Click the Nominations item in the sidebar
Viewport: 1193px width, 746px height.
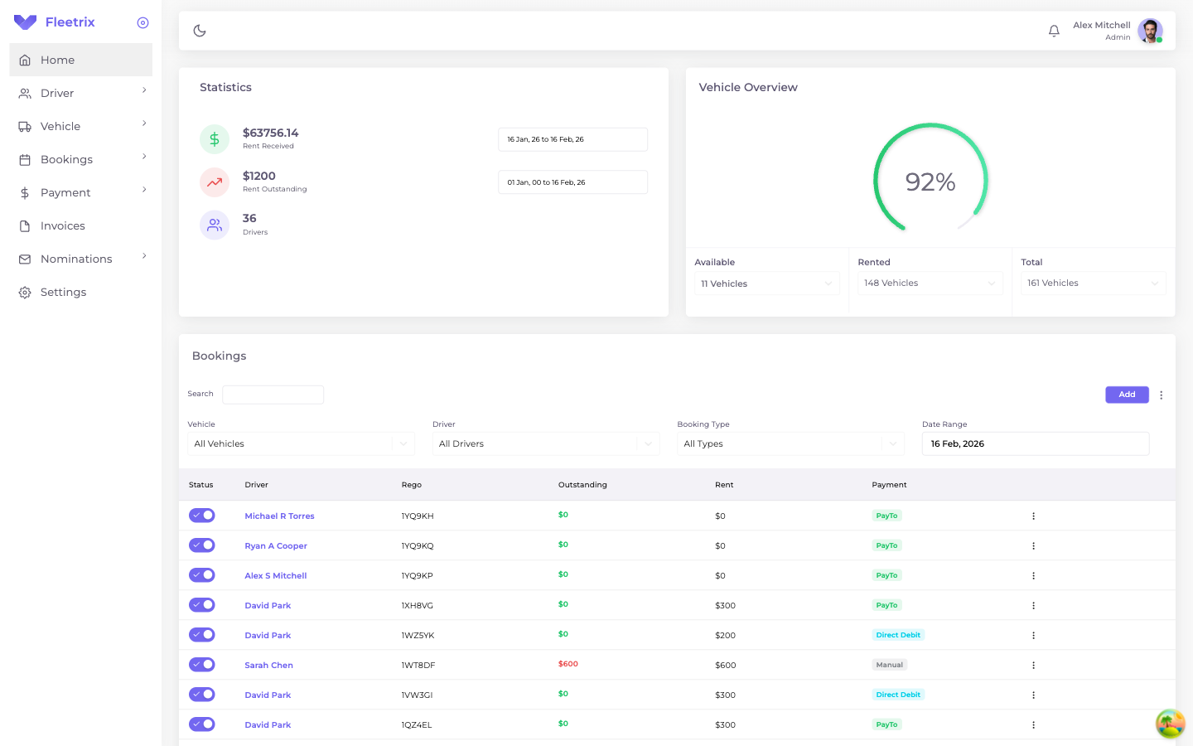click(x=76, y=259)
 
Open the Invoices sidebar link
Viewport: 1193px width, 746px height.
click(x=62, y=225)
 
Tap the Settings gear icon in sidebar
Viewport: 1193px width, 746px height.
click(x=25, y=293)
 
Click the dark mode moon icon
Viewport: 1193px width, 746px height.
click(x=200, y=31)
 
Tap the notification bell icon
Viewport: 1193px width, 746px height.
click(x=1054, y=31)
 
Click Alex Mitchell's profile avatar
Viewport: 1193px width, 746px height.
click(x=1149, y=31)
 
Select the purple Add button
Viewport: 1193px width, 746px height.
click(x=1127, y=395)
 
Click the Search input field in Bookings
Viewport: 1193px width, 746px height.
click(x=273, y=395)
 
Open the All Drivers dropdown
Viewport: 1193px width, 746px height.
click(x=545, y=443)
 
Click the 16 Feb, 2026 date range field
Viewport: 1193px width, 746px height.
click(x=1035, y=443)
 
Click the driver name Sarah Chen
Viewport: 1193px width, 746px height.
click(x=268, y=665)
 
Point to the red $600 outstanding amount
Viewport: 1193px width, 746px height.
click(x=568, y=664)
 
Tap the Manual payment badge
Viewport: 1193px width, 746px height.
click(x=889, y=665)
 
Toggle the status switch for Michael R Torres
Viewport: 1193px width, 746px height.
click(x=202, y=516)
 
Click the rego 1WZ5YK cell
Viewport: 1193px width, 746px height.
click(x=418, y=635)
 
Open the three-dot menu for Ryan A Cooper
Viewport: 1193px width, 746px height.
click(x=1033, y=545)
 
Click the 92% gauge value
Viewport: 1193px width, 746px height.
click(x=930, y=182)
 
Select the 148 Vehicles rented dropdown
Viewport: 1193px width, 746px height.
click(x=930, y=283)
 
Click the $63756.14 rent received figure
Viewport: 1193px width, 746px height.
click(x=270, y=133)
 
